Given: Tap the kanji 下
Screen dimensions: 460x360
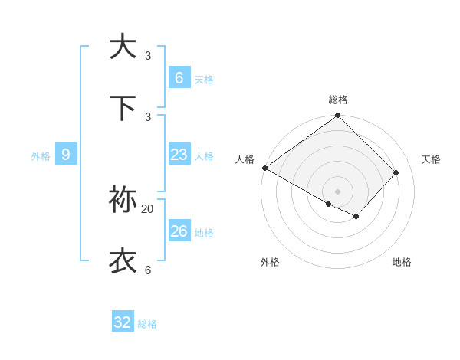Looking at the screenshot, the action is click(x=123, y=108).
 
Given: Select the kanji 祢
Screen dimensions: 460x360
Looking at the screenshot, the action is click(x=123, y=200).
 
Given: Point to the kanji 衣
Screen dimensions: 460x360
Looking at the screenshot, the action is click(x=123, y=260).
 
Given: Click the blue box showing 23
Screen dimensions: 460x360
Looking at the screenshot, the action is click(x=179, y=155).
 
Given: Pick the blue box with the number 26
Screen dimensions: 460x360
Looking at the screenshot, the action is click(x=179, y=231).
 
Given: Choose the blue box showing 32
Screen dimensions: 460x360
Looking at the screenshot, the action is click(x=123, y=322).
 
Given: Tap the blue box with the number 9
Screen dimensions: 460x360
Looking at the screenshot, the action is click(x=66, y=155).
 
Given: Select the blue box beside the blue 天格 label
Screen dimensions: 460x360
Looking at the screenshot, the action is click(x=179, y=78).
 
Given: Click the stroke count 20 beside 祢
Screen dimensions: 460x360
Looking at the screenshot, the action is click(x=148, y=208).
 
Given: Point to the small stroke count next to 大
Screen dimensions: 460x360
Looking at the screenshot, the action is click(x=148, y=56).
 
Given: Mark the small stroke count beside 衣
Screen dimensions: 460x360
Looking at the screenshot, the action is click(x=148, y=270).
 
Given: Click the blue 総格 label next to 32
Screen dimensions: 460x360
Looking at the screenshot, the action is click(x=147, y=324).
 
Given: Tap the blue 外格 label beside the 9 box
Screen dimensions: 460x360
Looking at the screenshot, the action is click(x=41, y=156).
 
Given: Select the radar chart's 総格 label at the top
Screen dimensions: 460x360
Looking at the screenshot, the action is click(x=338, y=100).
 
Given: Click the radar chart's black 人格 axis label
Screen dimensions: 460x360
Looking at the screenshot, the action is click(x=245, y=159).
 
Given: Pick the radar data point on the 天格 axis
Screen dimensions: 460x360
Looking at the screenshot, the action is click(x=396, y=172).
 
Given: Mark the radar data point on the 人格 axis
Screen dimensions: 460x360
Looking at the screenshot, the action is click(x=264, y=168).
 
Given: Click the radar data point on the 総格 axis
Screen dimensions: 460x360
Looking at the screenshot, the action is click(x=338, y=116).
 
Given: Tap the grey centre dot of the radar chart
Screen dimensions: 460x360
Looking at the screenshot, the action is click(x=338, y=191).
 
